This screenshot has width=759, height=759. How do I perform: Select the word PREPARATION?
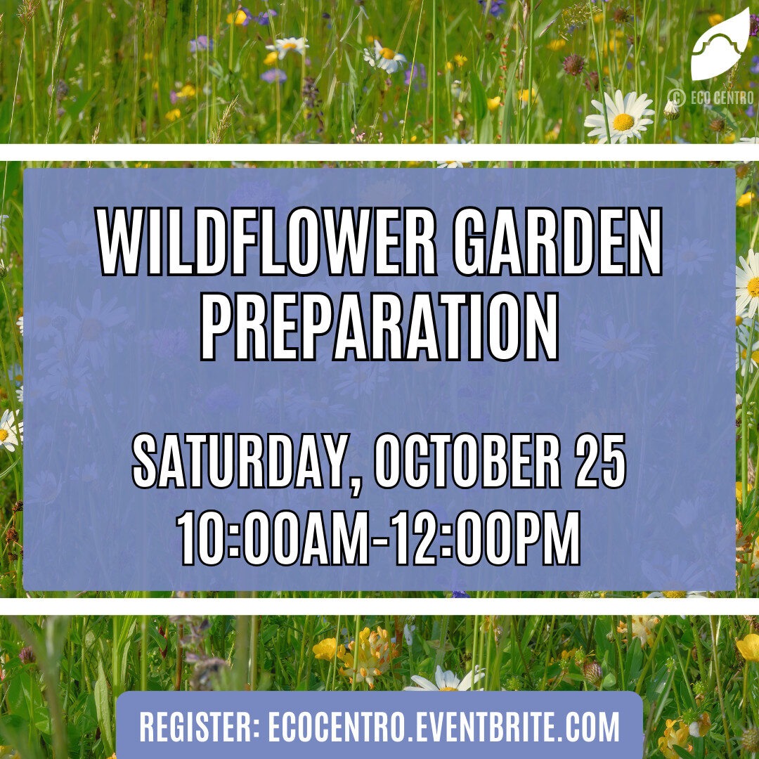pyautogui.click(x=379, y=327)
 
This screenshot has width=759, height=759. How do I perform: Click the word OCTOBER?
pyautogui.click(x=467, y=461)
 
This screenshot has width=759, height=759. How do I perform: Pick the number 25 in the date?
pyautogui.click(x=601, y=461)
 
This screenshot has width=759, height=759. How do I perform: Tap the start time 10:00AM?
pyautogui.click(x=273, y=538)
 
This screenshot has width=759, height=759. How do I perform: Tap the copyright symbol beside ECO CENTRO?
pyautogui.click(x=677, y=98)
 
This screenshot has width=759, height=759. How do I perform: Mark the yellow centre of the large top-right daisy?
pyautogui.click(x=623, y=122)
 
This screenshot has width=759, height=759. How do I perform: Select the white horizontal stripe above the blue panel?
pyautogui.click(x=379, y=152)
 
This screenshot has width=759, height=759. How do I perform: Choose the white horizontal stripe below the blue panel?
pyautogui.click(x=379, y=606)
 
